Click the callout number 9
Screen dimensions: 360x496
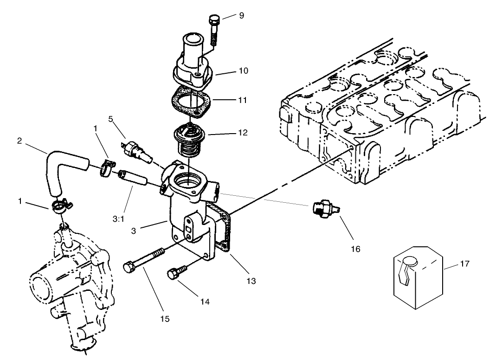click(241, 15)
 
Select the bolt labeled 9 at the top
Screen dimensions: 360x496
click(214, 29)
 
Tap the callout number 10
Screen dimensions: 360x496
click(243, 71)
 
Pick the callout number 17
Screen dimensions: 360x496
click(464, 264)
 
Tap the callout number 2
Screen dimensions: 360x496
click(19, 140)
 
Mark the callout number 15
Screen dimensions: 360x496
click(165, 319)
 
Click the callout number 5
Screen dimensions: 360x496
click(110, 118)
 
